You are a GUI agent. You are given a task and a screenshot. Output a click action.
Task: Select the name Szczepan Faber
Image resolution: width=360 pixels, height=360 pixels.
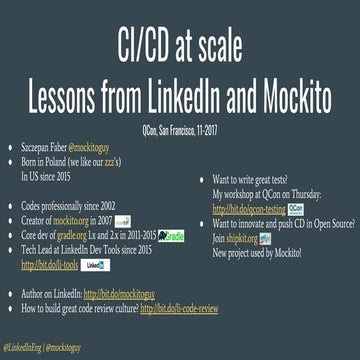(47, 146)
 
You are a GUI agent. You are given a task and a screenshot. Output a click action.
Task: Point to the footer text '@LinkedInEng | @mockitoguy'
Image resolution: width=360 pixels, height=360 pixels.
(42, 345)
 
